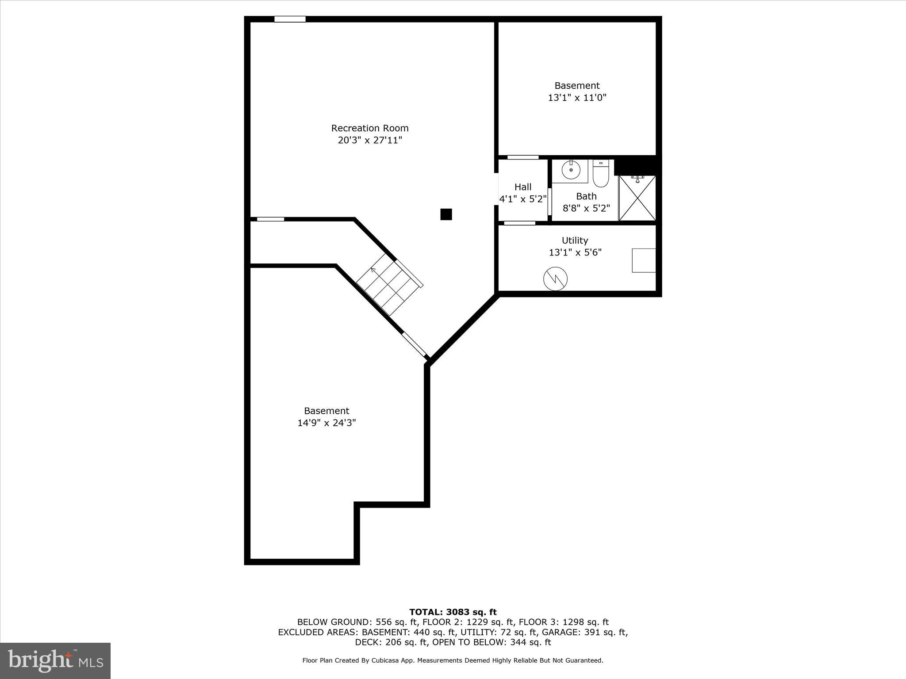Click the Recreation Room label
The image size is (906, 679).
pyautogui.click(x=370, y=128)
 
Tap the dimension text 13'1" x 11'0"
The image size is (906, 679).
pyautogui.click(x=577, y=98)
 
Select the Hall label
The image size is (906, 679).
pyautogui.click(x=523, y=187)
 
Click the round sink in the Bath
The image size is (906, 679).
pyautogui.click(x=571, y=170)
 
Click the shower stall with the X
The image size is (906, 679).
pyautogui.click(x=637, y=198)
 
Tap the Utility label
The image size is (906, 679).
pyautogui.click(x=575, y=240)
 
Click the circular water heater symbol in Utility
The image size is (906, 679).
pyautogui.click(x=555, y=278)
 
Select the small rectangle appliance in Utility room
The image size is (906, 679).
pyautogui.click(x=644, y=260)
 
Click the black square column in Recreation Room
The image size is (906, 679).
pyautogui.click(x=446, y=214)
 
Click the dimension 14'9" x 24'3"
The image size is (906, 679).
pyautogui.click(x=326, y=423)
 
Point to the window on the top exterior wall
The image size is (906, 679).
pyautogui.click(x=290, y=19)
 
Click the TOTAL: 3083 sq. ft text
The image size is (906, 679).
pyautogui.click(x=453, y=612)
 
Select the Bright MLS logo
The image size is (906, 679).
pyautogui.click(x=55, y=660)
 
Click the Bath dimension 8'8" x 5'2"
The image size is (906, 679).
pyautogui.click(x=586, y=208)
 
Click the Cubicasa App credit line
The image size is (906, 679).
pyautogui.click(x=453, y=660)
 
